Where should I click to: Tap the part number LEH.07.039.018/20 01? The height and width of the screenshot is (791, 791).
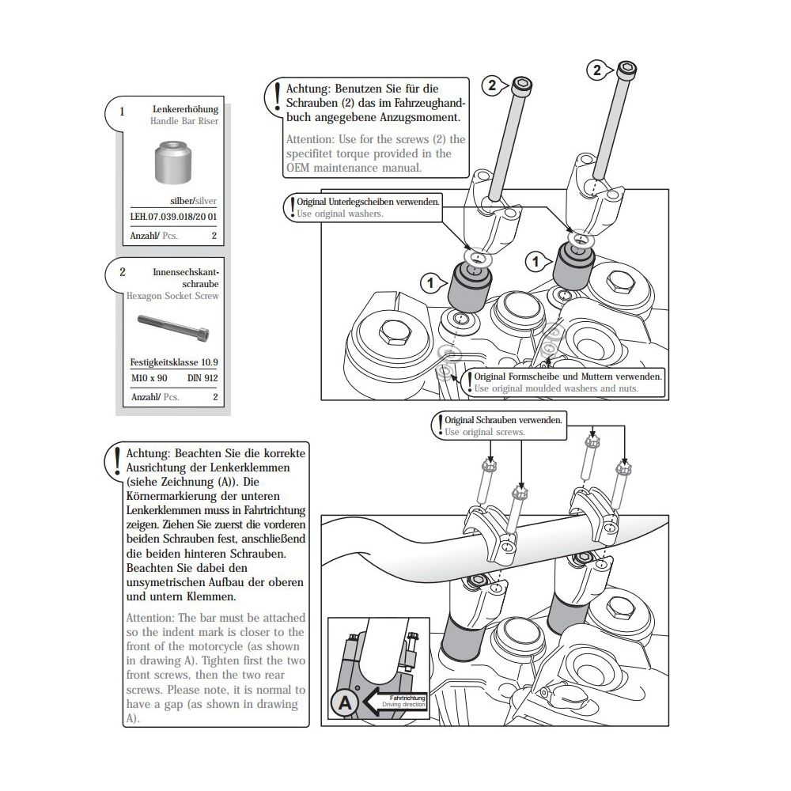[173, 215]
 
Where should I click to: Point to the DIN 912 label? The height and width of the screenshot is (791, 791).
[202, 378]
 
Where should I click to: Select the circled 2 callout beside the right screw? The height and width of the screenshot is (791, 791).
[597, 70]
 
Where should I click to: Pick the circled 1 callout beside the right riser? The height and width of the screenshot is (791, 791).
[536, 259]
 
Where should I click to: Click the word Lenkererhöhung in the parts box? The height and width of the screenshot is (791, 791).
[187, 110]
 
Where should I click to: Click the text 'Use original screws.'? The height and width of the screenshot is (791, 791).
[485, 433]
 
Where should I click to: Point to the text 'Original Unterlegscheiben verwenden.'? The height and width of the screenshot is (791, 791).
[368, 202]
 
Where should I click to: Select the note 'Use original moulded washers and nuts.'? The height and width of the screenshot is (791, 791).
[555, 388]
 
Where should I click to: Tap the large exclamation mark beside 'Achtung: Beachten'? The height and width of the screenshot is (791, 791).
[117, 459]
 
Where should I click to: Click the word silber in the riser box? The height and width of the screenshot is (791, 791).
[182, 202]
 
